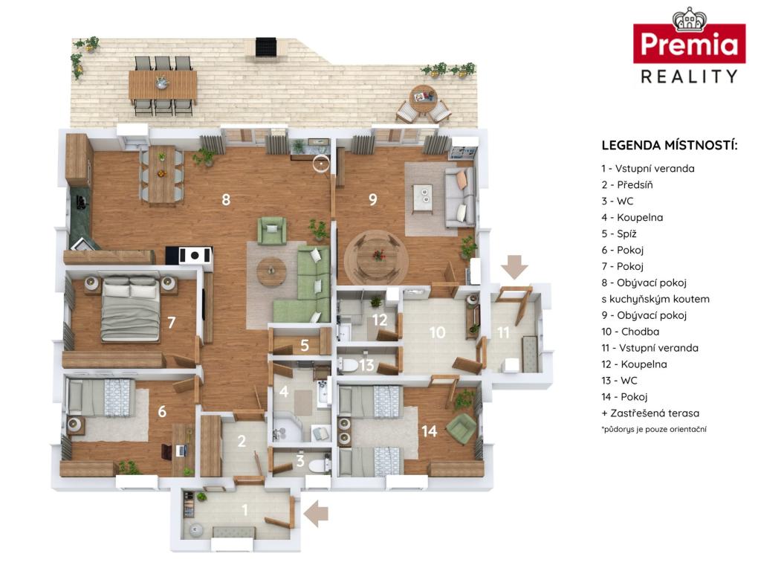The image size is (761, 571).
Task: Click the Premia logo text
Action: coord(689,45)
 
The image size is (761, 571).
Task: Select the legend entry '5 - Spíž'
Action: coord(619,233)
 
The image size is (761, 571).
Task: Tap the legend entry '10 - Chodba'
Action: coord(630,332)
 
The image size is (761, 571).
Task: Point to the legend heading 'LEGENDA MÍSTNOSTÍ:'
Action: coord(670,145)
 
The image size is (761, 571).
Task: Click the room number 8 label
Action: coord(226,199)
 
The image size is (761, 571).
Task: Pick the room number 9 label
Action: coord(373,199)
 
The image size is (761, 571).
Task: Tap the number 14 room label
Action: coord(430,430)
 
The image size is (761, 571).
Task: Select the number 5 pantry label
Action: coord(304,345)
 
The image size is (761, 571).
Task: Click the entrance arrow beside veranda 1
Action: coord(316,514)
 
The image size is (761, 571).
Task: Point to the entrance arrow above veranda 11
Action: coord(514,267)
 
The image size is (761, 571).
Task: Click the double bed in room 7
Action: coord(130,309)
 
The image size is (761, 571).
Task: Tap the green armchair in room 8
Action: coord(272,230)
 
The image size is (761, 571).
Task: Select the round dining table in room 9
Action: coord(377,257)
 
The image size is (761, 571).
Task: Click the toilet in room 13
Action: coord(349,364)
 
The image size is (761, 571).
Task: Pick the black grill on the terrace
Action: coord(266,48)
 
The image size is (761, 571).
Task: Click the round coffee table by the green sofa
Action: coord(271,271)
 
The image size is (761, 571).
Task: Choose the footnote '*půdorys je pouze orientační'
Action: coord(654,429)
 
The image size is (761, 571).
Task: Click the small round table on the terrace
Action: coord(423,97)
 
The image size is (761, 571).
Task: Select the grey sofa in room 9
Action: coord(459,197)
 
